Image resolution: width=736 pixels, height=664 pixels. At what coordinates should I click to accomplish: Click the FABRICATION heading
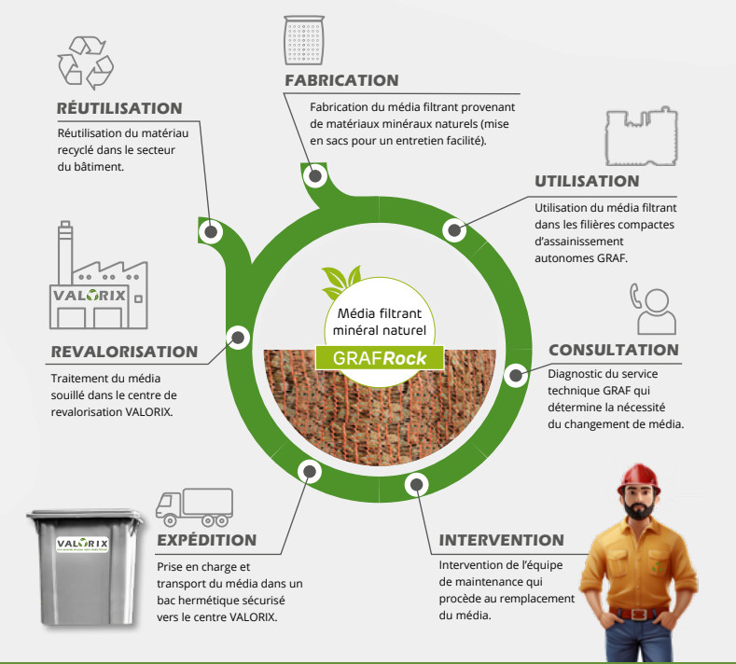click(341, 80)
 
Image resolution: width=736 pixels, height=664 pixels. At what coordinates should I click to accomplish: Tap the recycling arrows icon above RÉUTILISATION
click(86, 62)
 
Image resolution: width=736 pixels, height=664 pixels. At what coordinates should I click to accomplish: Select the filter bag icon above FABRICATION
click(304, 40)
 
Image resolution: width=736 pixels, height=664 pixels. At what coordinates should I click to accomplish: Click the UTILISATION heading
click(587, 181)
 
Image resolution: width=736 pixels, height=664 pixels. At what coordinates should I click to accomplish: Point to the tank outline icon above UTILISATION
click(641, 136)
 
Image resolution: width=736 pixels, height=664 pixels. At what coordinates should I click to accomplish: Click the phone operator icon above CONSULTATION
click(653, 309)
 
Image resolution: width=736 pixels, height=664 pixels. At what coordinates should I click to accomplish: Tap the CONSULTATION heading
click(614, 350)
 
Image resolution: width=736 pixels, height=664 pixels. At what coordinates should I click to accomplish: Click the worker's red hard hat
click(638, 479)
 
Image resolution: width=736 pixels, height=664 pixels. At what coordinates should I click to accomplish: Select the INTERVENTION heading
click(501, 540)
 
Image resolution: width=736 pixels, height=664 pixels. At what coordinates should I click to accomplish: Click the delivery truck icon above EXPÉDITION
click(194, 507)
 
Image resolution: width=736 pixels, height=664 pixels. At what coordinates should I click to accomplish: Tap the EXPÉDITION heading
click(207, 540)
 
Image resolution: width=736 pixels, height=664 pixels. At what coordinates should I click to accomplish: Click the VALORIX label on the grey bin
click(83, 545)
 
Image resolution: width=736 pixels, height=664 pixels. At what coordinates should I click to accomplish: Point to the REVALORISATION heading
click(124, 352)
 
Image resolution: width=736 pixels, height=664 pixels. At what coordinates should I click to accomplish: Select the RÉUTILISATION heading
click(119, 108)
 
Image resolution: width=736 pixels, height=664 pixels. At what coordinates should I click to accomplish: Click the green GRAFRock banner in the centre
click(380, 358)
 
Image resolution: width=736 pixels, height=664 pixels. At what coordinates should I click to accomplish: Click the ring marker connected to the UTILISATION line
click(454, 230)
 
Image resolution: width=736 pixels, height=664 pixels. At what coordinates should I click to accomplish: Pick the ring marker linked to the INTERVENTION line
click(416, 485)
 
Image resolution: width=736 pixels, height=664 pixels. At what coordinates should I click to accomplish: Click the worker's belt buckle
click(637, 614)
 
